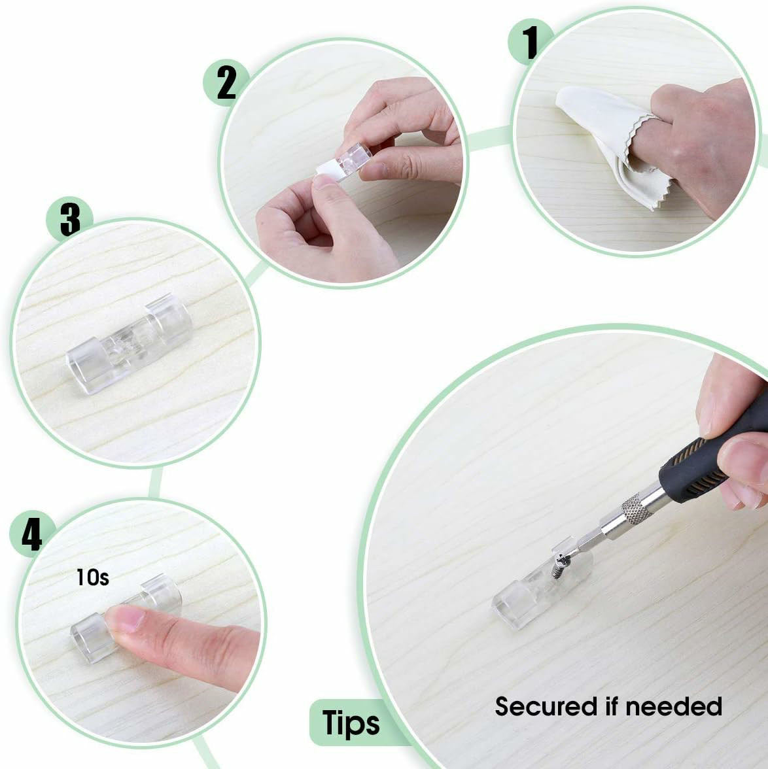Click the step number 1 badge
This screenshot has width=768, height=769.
click(x=530, y=42)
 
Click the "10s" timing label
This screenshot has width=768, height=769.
click(x=92, y=577)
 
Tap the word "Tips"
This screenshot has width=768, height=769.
click(x=351, y=723)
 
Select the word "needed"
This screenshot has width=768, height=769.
click(x=674, y=707)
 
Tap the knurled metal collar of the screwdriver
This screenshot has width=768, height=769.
click(x=636, y=509)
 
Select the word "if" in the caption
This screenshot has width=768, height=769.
click(x=612, y=706)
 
